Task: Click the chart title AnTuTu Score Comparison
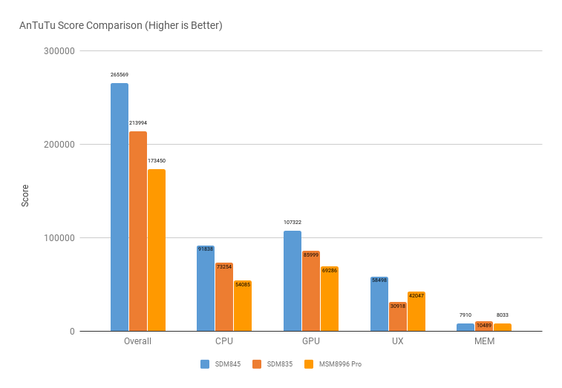(121, 25)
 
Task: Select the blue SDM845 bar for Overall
(120, 207)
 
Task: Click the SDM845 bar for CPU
(206, 289)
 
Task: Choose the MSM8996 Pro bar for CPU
(243, 306)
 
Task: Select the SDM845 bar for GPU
(293, 281)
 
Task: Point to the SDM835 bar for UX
(398, 317)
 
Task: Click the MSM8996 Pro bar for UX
(416, 312)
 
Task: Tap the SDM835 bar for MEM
(484, 326)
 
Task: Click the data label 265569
(120, 75)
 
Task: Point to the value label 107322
(293, 222)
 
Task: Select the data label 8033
(503, 315)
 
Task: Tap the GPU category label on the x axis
(311, 341)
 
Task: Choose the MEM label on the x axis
(484, 341)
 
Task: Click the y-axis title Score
(25, 195)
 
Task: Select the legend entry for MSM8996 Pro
(334, 364)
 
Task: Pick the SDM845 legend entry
(220, 364)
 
